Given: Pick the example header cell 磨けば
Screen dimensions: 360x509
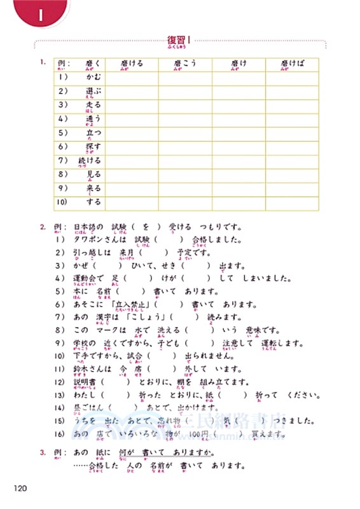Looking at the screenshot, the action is tap(294, 64).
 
